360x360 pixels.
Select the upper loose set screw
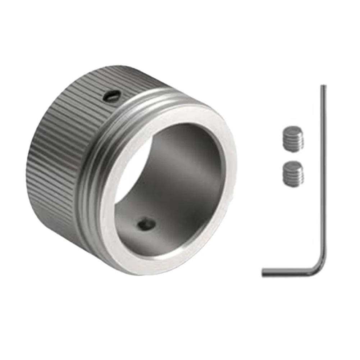pyautogui.click(x=293, y=138)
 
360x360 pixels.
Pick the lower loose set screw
pyautogui.click(x=293, y=174)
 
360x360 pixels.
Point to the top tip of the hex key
pyautogui.click(x=323, y=86)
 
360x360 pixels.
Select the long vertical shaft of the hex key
pyautogui.click(x=323, y=173)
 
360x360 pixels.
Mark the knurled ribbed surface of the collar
pyautogui.click(x=58, y=151)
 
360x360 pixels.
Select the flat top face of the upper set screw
pyautogui.click(x=293, y=130)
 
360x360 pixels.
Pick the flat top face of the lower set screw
pyautogui.click(x=293, y=166)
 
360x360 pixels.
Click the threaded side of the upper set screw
pyautogui.click(x=292, y=143)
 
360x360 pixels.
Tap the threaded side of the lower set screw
pyautogui.click(x=292, y=178)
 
